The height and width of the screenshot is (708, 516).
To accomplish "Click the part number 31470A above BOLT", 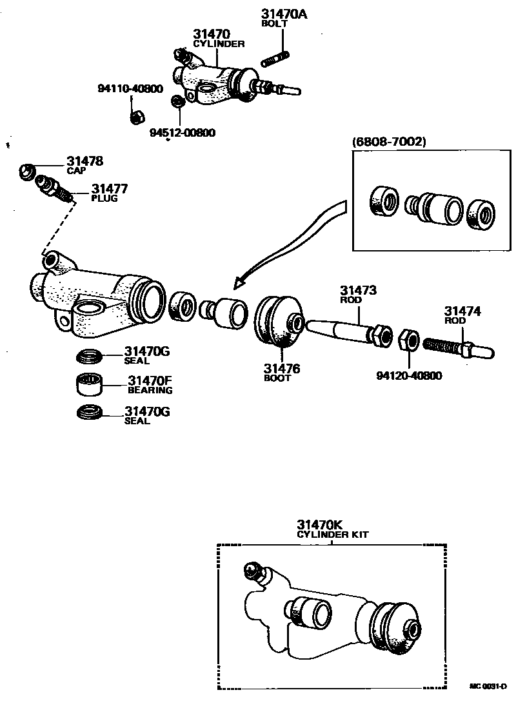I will coord(284,13).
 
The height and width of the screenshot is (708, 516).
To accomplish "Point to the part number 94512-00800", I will coord(183,133).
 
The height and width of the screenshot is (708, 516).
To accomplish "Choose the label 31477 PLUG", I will coord(109,192).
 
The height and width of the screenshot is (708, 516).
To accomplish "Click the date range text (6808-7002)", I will coord(389,141).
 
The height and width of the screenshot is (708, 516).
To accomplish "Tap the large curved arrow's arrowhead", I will coord(241,282).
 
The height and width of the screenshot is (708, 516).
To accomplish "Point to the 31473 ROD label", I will coord(359,294).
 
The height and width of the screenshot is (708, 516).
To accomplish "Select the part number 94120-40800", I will coord(409,375).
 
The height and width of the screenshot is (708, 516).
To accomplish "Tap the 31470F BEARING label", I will coord(150,384).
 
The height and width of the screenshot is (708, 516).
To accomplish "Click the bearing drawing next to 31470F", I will coord(90,384).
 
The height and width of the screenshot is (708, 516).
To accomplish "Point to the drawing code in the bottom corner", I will coord(488,686).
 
